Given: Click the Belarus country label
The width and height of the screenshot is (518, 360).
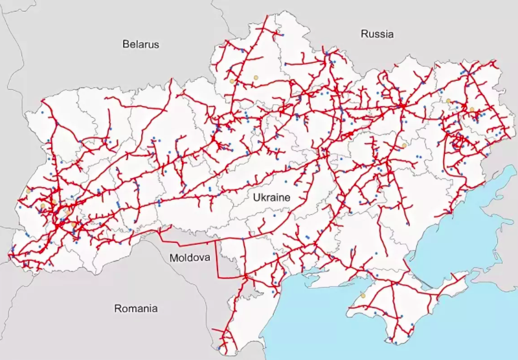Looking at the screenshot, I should click(x=141, y=44).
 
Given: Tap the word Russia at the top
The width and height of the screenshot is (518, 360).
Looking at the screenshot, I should click(x=377, y=34).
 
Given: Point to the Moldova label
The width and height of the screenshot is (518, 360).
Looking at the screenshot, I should click(x=190, y=257).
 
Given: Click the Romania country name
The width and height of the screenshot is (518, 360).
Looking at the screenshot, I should click(x=135, y=308).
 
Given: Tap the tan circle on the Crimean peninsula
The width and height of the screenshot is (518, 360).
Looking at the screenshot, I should click(x=363, y=296).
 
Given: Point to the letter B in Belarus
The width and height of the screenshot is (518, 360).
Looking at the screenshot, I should click(x=126, y=44).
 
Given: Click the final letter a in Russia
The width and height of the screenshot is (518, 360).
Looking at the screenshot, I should click(x=390, y=34).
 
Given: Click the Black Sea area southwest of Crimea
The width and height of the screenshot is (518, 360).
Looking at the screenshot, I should click(x=324, y=324).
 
